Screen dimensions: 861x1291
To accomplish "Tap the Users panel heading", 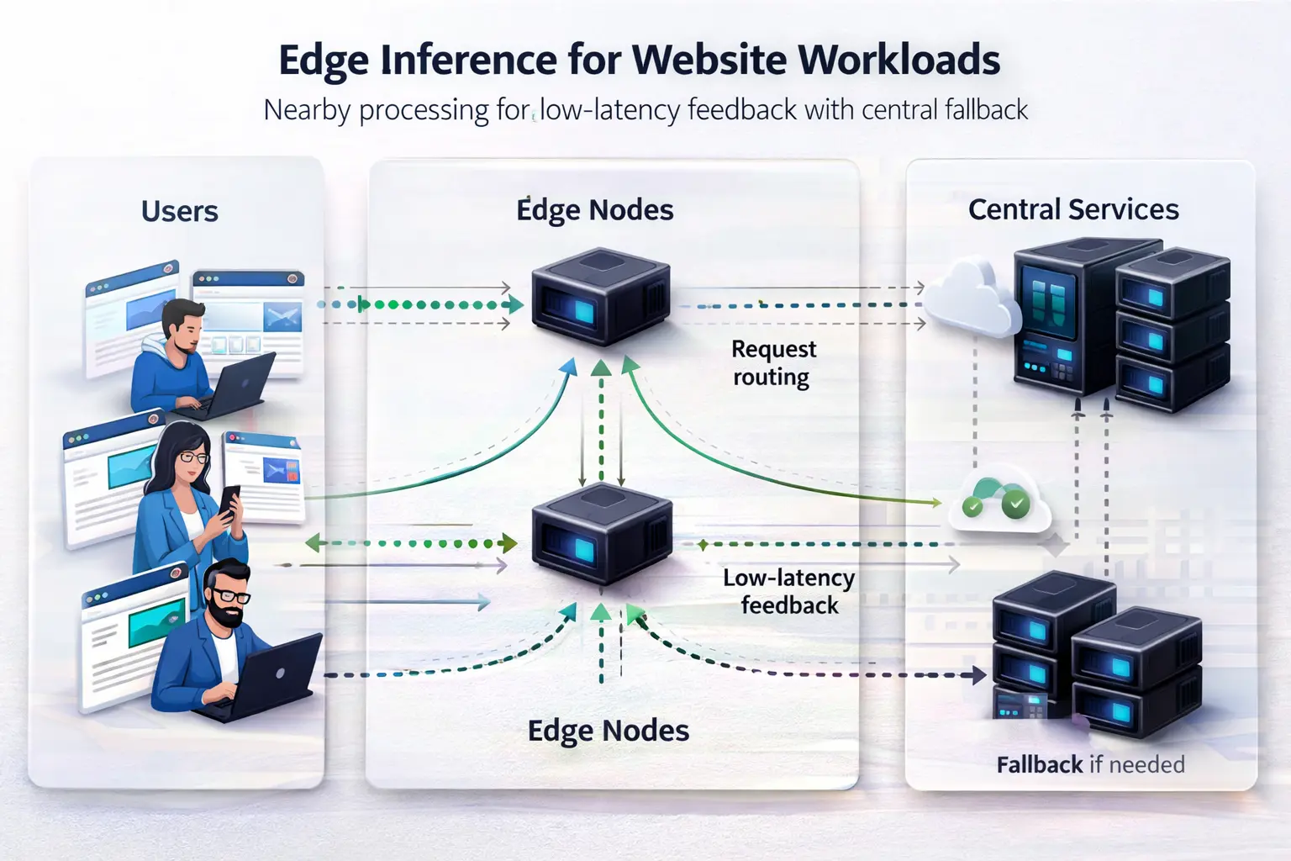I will [179, 211].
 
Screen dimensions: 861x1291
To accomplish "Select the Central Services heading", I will [1072, 209].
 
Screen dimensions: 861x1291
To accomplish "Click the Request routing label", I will [772, 362].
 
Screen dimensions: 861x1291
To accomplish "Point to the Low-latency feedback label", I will [788, 591].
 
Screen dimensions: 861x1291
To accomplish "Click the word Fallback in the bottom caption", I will [1039, 764].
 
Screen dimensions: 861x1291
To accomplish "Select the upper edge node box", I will [600, 296].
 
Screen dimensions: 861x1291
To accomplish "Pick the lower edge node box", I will [602, 531].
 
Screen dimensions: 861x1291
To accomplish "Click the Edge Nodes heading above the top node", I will [594, 209].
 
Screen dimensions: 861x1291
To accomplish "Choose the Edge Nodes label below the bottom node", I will [608, 730].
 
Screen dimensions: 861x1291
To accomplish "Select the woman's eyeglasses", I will [194, 457].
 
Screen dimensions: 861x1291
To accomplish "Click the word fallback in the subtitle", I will [985, 110].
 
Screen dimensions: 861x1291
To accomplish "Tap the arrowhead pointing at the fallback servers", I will [977, 674].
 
